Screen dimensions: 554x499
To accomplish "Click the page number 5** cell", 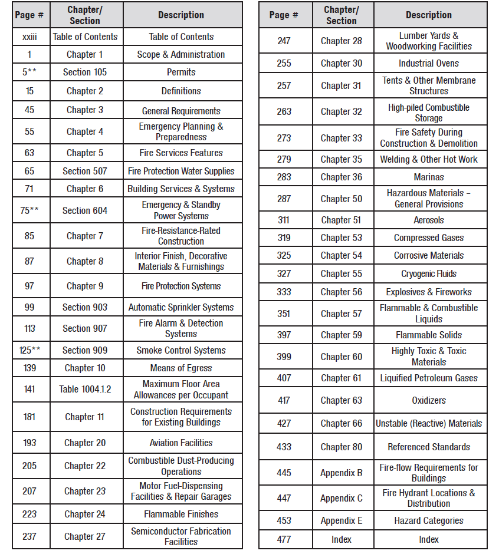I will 29,72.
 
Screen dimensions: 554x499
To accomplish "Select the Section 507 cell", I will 85,172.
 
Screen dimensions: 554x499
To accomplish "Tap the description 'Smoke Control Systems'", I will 181,351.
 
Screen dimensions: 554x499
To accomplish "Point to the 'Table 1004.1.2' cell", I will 85,390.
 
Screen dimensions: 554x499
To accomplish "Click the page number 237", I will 29,536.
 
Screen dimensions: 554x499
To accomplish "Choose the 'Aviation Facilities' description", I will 181,443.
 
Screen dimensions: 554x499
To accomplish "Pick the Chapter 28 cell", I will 342,41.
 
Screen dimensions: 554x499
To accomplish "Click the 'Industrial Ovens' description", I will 429,64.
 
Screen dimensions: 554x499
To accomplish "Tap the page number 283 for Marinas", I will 284,177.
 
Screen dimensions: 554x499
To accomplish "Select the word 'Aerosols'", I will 429,220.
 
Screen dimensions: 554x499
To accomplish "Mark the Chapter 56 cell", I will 342,292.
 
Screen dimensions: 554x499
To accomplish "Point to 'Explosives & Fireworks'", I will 429,292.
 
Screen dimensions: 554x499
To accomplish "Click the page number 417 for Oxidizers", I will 284,401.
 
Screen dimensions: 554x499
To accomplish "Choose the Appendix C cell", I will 342,499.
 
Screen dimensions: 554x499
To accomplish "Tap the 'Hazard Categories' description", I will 429,521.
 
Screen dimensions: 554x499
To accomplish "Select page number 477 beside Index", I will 284,540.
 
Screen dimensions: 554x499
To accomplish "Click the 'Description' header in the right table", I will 429,15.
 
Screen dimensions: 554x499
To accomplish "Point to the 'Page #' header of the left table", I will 29,15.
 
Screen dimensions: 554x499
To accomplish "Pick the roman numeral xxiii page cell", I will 29,37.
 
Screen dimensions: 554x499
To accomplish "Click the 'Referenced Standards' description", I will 429,447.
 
